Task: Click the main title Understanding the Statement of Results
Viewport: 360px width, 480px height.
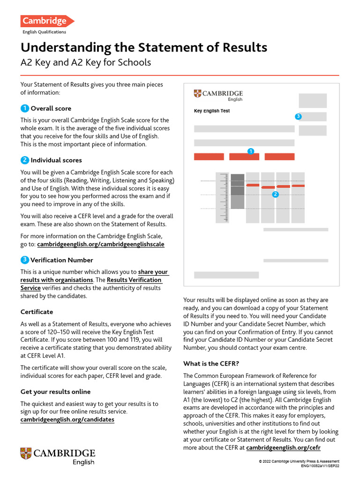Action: coord(143,47)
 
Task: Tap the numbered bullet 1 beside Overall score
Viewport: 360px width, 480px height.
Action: coord(25,108)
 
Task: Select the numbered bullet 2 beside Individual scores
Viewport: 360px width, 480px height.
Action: coord(25,160)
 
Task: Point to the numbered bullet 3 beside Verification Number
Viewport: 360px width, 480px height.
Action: coord(25,260)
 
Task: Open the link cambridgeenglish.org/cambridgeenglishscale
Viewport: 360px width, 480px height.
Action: coord(100,244)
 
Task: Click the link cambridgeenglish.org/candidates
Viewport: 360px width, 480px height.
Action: coord(67,420)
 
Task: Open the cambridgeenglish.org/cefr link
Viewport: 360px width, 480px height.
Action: coord(283,448)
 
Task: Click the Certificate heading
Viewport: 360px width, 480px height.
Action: coord(37,312)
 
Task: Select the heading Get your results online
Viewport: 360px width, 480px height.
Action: coord(56,392)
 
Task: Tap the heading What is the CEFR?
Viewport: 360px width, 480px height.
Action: coord(214,364)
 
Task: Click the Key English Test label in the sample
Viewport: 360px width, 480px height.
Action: coord(212,111)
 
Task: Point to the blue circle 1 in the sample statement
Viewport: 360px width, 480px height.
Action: coord(251,151)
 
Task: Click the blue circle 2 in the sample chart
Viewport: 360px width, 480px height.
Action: coord(275,194)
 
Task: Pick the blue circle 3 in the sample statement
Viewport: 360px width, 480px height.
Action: coord(298,116)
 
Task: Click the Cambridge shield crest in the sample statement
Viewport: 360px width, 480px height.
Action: coord(197,94)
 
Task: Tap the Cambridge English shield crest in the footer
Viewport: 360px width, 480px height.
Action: coord(26,453)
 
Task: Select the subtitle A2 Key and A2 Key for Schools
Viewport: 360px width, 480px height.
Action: coord(86,63)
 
